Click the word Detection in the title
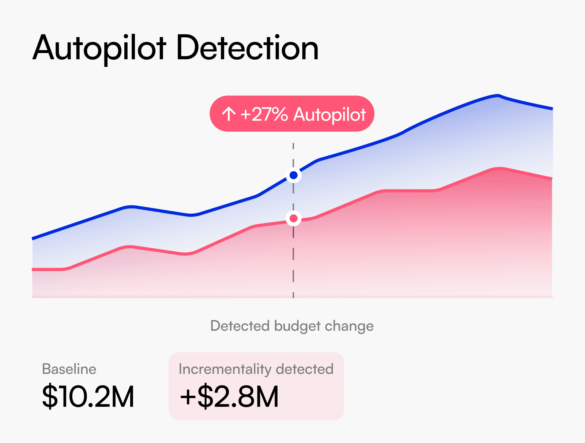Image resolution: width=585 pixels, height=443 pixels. pyautogui.click(x=248, y=48)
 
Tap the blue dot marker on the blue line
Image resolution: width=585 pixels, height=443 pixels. pyautogui.click(x=293, y=176)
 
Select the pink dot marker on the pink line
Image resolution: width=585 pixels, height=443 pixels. pyautogui.click(x=293, y=219)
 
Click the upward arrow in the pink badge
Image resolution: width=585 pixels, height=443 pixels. pyautogui.click(x=229, y=114)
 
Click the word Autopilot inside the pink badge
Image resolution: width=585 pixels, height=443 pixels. pyautogui.click(x=329, y=114)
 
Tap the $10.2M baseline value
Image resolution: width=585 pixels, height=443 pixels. pyautogui.click(x=88, y=397)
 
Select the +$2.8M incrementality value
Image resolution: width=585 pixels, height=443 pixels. pyautogui.click(x=230, y=397)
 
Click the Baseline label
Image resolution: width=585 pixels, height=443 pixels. pyautogui.click(x=69, y=369)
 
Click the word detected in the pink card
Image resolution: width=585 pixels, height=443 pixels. pyautogui.click(x=305, y=369)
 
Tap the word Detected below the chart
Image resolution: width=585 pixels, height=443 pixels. pyautogui.click(x=240, y=326)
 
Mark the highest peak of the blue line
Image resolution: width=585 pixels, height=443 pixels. pyautogui.click(x=498, y=96)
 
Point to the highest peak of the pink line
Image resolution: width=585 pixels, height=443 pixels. pyautogui.click(x=499, y=168)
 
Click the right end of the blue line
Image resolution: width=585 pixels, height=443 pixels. pyautogui.click(x=552, y=109)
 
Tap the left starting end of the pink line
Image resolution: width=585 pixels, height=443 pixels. pyautogui.click(x=33, y=270)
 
